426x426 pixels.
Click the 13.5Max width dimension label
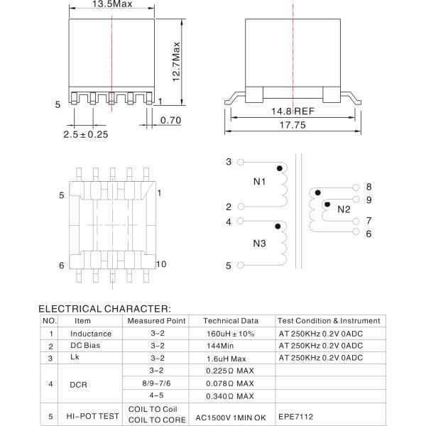pos(112,4)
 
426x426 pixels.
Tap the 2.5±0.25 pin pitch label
pos(85,134)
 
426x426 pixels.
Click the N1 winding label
pos(259,182)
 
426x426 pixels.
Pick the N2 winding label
pos(344,209)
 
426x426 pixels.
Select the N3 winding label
pos(259,244)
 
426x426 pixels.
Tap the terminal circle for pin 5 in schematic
pos(241,266)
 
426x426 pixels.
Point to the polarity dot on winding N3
pos(279,227)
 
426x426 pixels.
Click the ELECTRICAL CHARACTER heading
pos(104,309)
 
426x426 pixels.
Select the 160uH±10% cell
pos(229,334)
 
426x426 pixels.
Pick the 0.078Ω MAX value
pos(230,383)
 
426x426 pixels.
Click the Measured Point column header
pos(157,321)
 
